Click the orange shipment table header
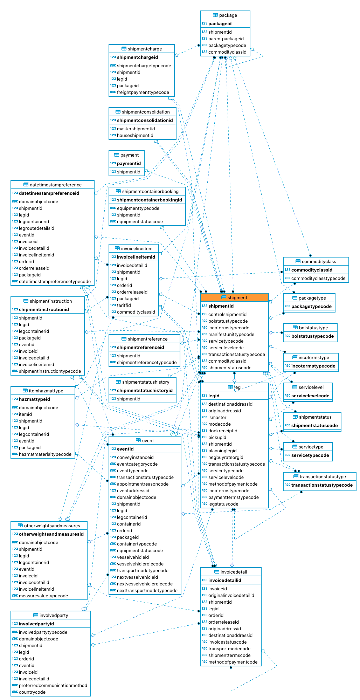point(234,297)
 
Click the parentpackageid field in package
point(226,39)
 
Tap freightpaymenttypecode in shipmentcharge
point(143,92)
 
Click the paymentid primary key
point(129,164)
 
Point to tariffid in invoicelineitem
point(124,306)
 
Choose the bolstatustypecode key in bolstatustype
point(312,336)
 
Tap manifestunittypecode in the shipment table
point(231,335)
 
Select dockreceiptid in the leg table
point(223,431)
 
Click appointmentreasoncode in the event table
point(143,484)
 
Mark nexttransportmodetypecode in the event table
point(147,591)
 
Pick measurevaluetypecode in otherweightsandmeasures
point(43,596)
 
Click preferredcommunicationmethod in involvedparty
point(53,686)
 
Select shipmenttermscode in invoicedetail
point(229,656)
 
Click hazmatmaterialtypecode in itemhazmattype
point(45,454)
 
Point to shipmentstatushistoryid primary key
point(145,391)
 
